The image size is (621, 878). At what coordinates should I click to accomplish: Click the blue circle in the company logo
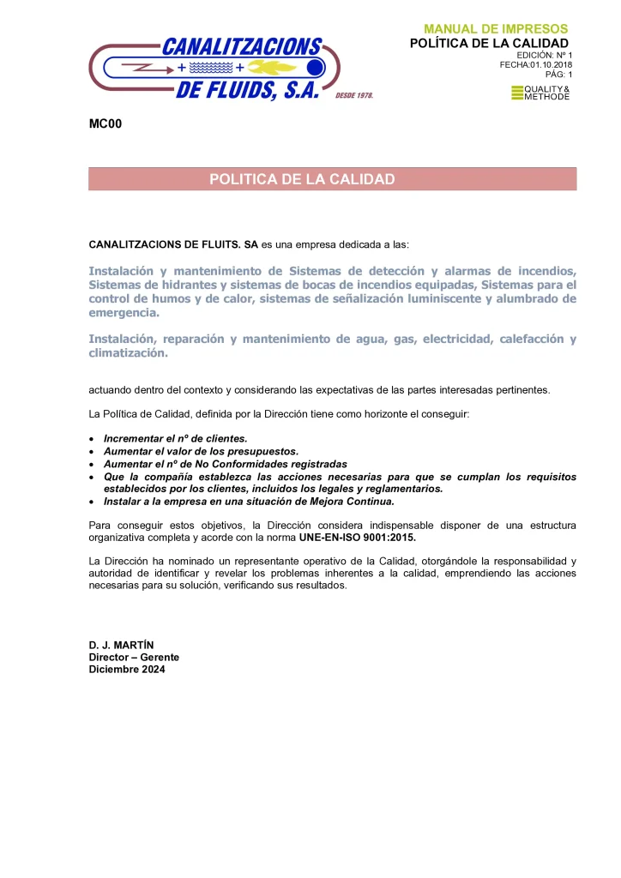click(x=315, y=68)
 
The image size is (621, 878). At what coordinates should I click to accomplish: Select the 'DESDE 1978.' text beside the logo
click(x=354, y=95)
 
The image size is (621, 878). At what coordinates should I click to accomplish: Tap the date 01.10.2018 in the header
click(x=549, y=64)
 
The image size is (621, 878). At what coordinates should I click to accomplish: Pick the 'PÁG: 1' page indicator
click(x=558, y=75)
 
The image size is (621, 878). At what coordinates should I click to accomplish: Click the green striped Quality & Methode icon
click(x=516, y=93)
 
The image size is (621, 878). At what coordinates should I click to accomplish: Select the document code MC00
click(x=106, y=125)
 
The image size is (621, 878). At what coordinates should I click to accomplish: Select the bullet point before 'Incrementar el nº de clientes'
click(x=93, y=438)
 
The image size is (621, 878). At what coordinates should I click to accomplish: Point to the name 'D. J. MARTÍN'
click(x=121, y=645)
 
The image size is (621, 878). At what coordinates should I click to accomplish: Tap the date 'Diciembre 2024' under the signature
click(x=127, y=669)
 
